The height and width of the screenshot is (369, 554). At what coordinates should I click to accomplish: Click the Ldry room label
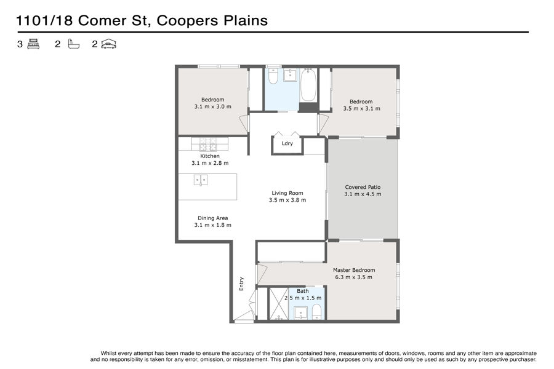(287, 143)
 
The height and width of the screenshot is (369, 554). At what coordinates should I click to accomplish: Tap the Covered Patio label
(363, 187)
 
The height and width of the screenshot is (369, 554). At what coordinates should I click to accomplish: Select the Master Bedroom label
(354, 270)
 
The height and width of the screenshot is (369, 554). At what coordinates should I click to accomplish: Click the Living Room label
(287, 193)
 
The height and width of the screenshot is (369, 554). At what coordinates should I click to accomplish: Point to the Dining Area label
(213, 218)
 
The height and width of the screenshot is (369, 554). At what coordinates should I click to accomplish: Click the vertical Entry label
(241, 284)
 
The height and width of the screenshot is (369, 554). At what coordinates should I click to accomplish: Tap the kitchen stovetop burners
(208, 145)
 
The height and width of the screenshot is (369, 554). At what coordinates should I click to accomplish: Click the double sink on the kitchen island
(200, 180)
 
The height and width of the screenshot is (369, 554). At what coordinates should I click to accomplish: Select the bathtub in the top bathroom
(308, 85)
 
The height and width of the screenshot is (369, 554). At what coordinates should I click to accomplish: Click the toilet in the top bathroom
(273, 75)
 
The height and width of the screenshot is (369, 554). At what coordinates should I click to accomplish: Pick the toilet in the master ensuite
(316, 312)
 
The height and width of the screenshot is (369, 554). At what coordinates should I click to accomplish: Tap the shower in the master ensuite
(279, 304)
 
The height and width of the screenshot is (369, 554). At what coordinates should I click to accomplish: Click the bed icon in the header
(34, 44)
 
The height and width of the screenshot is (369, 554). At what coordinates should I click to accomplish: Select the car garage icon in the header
(109, 44)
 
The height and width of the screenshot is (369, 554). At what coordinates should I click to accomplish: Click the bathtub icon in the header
(73, 44)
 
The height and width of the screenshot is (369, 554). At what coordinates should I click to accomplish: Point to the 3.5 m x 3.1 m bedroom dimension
(361, 109)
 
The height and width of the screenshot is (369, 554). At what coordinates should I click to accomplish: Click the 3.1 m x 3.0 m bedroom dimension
(213, 106)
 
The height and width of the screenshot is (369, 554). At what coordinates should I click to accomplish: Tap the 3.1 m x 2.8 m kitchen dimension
(210, 163)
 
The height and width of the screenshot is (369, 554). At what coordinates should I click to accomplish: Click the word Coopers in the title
(187, 21)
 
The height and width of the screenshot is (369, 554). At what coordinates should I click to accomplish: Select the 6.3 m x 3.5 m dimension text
(354, 277)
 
